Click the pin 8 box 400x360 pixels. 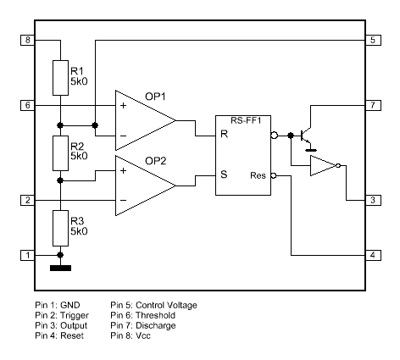point(27,40)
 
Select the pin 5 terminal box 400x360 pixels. point(372,40)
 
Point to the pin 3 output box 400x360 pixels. point(372,200)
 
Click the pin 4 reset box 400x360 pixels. point(372,255)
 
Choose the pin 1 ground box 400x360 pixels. point(27,255)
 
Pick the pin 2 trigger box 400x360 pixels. point(27,200)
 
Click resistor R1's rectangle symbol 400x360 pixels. point(60,78)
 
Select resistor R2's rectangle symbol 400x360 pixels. point(60,152)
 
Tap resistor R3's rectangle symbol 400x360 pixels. point(60,226)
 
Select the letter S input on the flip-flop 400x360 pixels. point(224,177)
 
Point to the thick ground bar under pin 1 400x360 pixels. point(60,269)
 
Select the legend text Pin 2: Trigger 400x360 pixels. point(62,314)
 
